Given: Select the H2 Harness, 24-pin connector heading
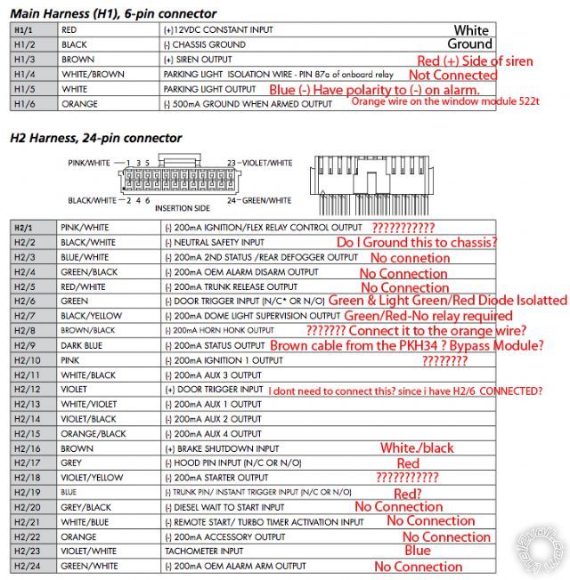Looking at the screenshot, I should (x=95, y=138).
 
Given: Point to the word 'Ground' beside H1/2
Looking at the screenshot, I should (x=469, y=44).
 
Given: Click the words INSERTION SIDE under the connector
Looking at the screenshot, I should (x=181, y=207).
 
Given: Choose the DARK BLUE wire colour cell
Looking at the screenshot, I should (x=83, y=346).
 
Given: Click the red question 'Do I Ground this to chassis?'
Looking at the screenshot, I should (x=416, y=242).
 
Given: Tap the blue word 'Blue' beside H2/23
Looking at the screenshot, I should (x=417, y=551).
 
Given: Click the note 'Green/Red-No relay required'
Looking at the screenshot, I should (x=428, y=316).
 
